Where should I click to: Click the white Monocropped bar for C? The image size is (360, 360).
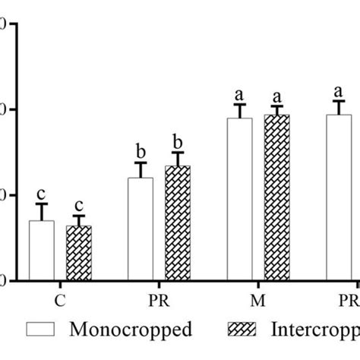coord(41,251)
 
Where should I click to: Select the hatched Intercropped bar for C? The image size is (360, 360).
coord(78,253)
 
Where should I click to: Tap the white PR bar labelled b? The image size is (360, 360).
coord(140,229)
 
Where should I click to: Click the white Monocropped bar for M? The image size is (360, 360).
coord(239,199)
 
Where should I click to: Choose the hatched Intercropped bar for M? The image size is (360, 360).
coord(276,197)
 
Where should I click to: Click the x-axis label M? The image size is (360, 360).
coord(258,300)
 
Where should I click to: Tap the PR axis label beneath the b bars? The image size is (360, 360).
coord(159,300)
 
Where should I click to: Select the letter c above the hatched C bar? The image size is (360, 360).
coord(78,206)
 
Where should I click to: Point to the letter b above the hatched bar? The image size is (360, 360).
coord(178,141)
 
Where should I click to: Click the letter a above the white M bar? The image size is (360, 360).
coord(239,95)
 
